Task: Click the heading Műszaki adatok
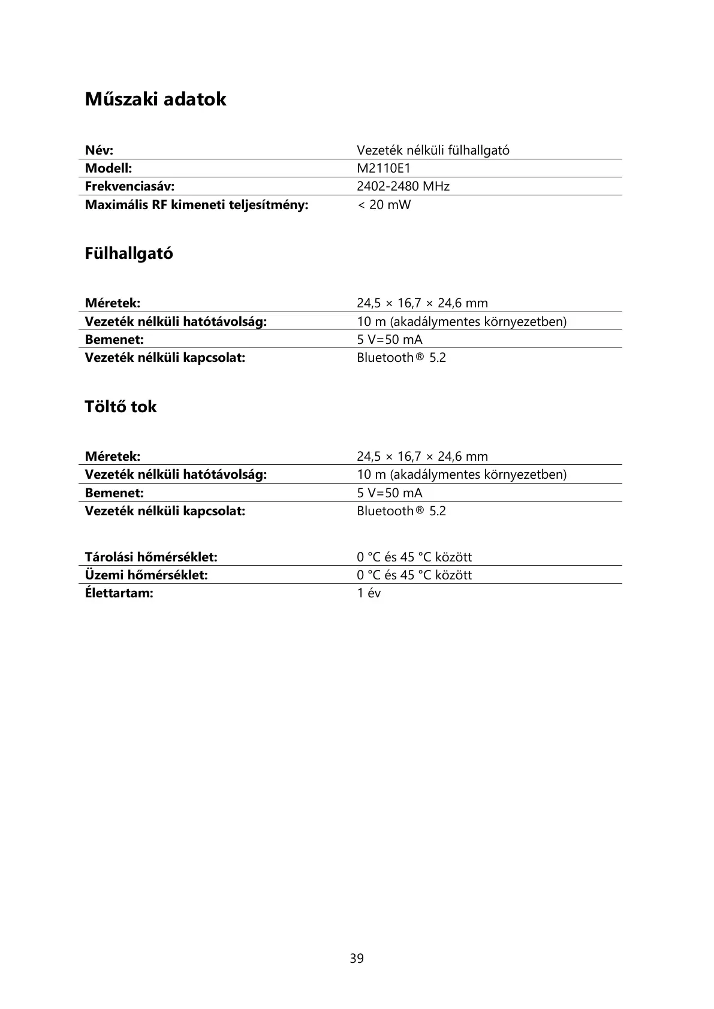(x=155, y=99)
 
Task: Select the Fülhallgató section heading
(x=129, y=253)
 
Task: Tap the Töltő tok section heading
(x=120, y=407)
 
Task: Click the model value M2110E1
(x=384, y=168)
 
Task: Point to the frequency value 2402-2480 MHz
(x=403, y=186)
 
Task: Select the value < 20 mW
(x=384, y=205)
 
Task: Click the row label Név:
(x=100, y=150)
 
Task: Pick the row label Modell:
(x=109, y=168)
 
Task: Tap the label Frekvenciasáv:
(x=129, y=186)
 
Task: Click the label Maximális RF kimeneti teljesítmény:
(x=197, y=205)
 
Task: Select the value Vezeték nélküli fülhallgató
(x=433, y=150)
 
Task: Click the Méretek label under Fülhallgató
(x=113, y=303)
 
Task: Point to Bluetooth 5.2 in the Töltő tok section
(x=401, y=511)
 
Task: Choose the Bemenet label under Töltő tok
(x=115, y=493)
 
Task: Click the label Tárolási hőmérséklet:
(x=151, y=557)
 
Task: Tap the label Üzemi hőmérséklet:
(x=146, y=575)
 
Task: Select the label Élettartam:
(x=119, y=593)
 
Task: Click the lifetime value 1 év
(x=369, y=593)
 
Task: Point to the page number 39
(x=357, y=959)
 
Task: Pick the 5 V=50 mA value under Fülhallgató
(x=390, y=340)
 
